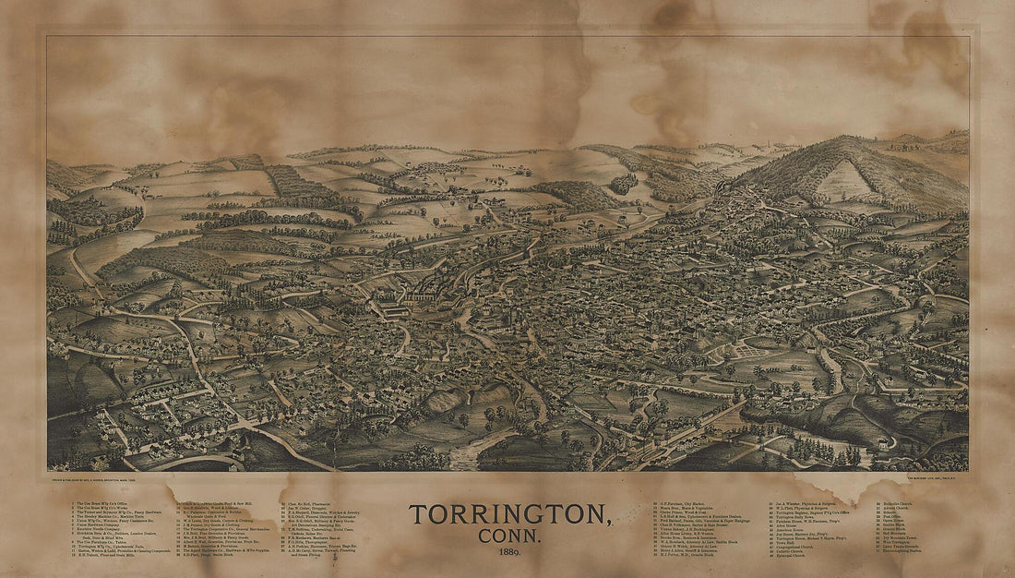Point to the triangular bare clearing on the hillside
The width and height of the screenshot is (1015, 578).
846,179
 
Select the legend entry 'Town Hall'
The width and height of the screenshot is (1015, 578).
785,543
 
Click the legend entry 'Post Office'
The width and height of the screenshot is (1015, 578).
891,516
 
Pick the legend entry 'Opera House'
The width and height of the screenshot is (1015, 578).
892,521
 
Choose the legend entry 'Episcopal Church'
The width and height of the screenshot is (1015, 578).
791,556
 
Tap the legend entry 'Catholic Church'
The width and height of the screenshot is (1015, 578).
789,551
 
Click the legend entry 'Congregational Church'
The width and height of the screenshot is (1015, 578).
794,548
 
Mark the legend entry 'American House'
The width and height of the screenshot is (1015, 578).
789,530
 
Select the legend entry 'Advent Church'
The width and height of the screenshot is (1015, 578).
895,508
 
